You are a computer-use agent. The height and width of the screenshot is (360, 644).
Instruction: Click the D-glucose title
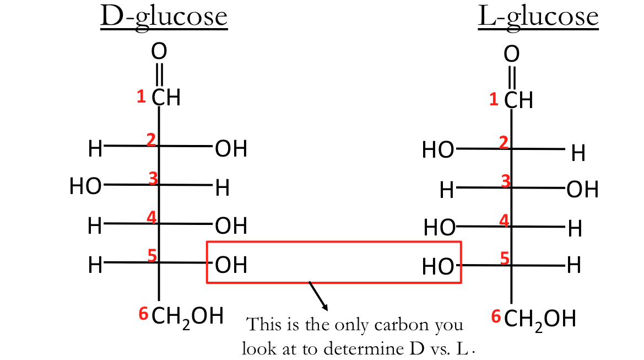pyautogui.click(x=164, y=17)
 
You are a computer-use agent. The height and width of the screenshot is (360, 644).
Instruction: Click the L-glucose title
pyautogui.click(x=538, y=17)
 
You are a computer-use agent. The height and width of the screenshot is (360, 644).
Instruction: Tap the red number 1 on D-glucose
pyautogui.click(x=142, y=97)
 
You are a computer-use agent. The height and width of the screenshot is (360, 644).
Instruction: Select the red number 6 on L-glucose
pyautogui.click(x=496, y=316)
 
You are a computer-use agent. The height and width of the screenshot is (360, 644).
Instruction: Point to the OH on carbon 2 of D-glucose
pyautogui.click(x=231, y=149)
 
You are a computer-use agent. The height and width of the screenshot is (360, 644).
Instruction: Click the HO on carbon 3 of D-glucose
pyautogui.click(x=85, y=186)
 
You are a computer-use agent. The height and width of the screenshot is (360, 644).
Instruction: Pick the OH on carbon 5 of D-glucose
pyautogui.click(x=231, y=265)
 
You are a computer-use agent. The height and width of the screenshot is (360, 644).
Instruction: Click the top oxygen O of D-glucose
pyautogui.click(x=159, y=52)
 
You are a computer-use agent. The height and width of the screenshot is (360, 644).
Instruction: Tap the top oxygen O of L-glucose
pyautogui.click(x=512, y=54)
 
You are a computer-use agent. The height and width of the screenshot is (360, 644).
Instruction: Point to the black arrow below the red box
pyautogui.click(x=320, y=297)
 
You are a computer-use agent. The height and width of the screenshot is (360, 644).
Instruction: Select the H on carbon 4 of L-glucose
pyautogui.click(x=575, y=228)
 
